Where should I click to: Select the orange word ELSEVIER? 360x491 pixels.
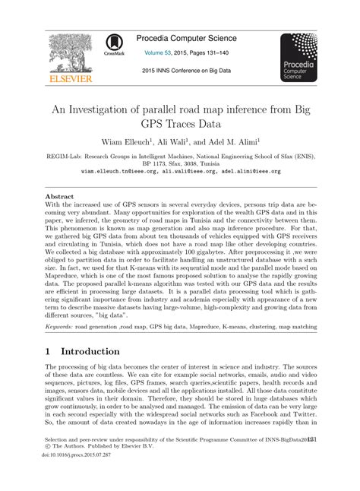[69, 78]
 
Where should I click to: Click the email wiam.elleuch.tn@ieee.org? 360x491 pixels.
[122, 172]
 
